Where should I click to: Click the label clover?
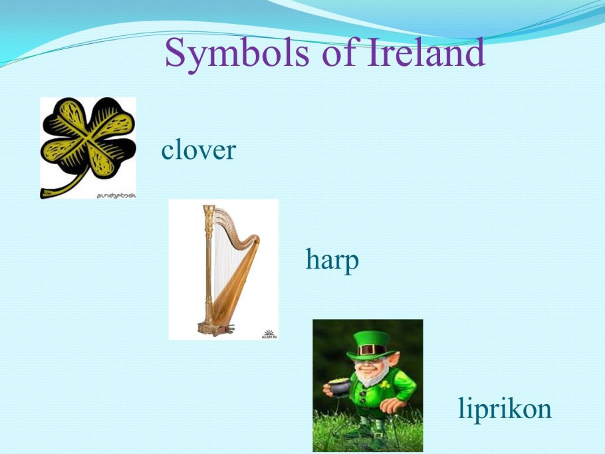[x=198, y=150]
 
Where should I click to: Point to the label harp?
[x=332, y=260]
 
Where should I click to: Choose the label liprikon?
[x=505, y=408]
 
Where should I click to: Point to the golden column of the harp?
[x=209, y=266]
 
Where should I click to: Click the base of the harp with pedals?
[x=215, y=328]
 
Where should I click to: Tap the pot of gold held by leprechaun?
[x=338, y=386]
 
